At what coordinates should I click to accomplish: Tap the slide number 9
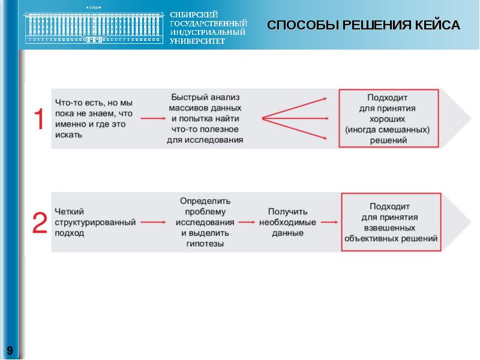click(10, 350)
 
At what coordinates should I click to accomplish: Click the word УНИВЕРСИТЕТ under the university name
click(197, 41)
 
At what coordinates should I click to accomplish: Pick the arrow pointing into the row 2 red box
click(328, 222)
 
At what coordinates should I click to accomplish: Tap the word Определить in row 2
click(205, 200)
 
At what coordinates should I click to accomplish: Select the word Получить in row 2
click(287, 211)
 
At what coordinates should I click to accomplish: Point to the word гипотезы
click(205, 244)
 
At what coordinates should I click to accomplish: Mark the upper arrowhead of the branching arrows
click(324, 98)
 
